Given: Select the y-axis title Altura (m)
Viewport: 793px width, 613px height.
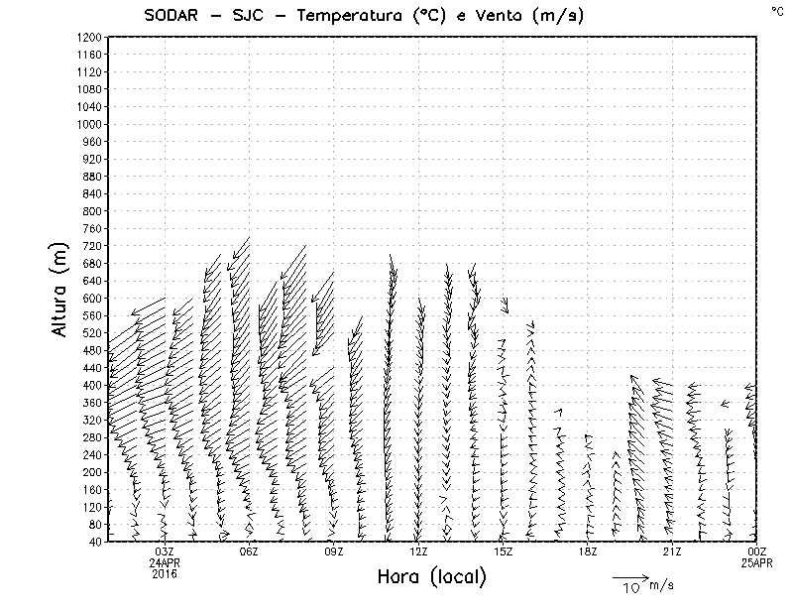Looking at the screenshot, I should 61,288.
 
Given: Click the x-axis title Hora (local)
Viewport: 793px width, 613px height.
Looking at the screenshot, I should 431,576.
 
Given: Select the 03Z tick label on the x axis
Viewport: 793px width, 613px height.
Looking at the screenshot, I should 165,552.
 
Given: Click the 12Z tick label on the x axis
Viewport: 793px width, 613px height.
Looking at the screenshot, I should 418,552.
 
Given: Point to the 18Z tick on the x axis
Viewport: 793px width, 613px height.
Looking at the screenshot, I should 588,552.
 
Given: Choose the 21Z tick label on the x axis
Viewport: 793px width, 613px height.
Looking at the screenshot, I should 672,552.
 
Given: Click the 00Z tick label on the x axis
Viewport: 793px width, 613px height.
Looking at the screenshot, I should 757,552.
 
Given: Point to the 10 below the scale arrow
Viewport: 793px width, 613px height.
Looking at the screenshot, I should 630,587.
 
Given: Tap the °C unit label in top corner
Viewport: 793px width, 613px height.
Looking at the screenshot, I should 776,10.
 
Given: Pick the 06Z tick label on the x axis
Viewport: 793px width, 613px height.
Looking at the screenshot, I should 249,552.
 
